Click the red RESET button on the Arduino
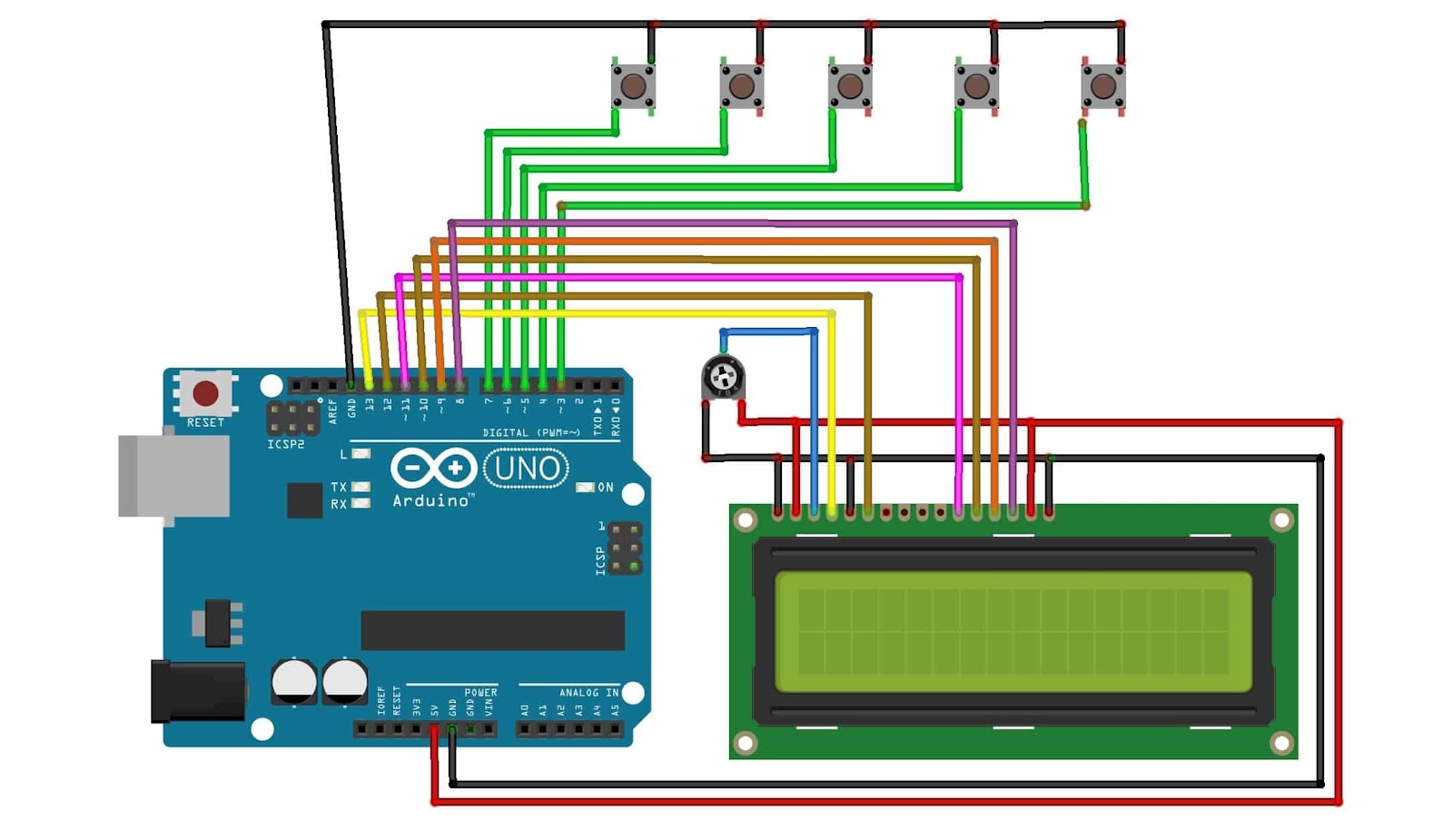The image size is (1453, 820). (206, 392)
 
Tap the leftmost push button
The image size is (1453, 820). (633, 86)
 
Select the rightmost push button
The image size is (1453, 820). (1102, 86)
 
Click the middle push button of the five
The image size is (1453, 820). (850, 86)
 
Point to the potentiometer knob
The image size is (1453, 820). (724, 377)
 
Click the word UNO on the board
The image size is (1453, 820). (527, 469)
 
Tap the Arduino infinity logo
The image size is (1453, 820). (434, 469)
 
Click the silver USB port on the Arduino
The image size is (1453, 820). (173, 476)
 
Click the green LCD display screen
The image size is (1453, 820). (1013, 632)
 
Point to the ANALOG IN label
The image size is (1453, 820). (588, 693)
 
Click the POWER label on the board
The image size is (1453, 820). (480, 693)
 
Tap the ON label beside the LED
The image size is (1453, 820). (606, 488)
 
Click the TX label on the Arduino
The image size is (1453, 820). (339, 488)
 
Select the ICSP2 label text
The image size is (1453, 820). (286, 444)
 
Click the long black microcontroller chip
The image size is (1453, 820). (492, 630)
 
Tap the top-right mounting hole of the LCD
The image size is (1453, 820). (1281, 520)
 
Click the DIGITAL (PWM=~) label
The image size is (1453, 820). (531, 433)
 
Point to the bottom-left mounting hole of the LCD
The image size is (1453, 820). (745, 743)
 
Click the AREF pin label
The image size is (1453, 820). (333, 411)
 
